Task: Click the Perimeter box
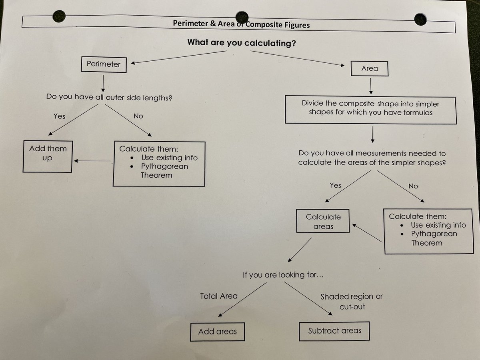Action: [x=103, y=64]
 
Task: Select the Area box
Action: [x=369, y=68]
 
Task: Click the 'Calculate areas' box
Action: [x=323, y=221]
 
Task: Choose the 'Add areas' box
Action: [x=217, y=332]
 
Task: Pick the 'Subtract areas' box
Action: [x=334, y=331]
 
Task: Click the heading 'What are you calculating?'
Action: [x=242, y=42]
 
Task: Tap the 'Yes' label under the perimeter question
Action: [x=59, y=116]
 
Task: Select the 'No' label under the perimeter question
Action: [x=138, y=116]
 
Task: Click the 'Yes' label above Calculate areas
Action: [x=335, y=185]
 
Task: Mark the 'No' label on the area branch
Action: [x=413, y=186]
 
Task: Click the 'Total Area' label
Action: [x=219, y=296]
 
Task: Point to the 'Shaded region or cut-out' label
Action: [x=351, y=302]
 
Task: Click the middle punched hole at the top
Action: [x=242, y=17]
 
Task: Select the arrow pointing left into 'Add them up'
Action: [x=92, y=161]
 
